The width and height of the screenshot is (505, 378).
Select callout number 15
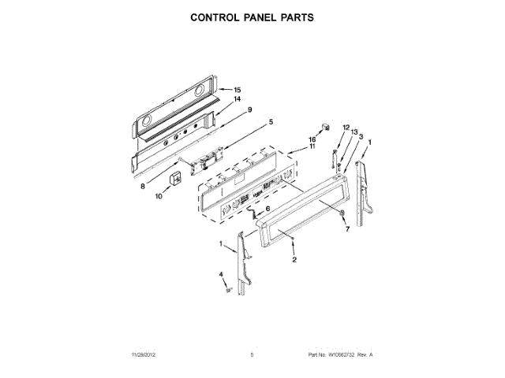tap(237, 90)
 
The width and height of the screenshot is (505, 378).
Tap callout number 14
tap(236, 99)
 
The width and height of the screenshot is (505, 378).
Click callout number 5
tap(270, 122)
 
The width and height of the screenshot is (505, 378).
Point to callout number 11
tap(312, 146)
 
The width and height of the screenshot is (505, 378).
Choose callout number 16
tap(312, 139)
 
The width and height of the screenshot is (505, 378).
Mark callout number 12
tap(345, 127)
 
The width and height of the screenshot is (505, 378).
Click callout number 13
tap(354, 132)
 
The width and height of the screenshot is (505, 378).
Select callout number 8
tap(143, 187)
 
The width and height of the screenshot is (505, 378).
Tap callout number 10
tap(159, 197)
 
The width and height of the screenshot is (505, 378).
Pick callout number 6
tap(267, 208)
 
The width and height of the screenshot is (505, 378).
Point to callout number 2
tap(294, 260)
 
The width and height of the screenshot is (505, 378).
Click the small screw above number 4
tap(228, 290)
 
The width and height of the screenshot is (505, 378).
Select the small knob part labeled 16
tap(324, 127)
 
